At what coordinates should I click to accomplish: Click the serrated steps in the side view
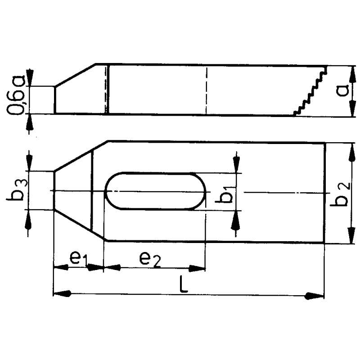(310, 92)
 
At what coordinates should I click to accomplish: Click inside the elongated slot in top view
(155, 191)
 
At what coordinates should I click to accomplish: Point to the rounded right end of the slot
(200, 191)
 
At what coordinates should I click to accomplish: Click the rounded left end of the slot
(111, 191)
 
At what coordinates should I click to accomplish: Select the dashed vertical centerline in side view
(206, 90)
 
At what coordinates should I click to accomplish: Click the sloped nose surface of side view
(76, 75)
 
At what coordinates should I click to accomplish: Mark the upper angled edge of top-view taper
(80, 156)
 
